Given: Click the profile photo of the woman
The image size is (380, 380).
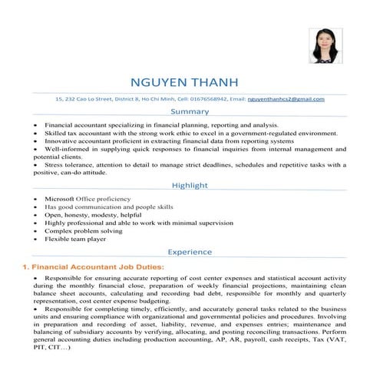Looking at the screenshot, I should coord(325,46).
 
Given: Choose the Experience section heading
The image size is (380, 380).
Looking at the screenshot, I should coord(190,252).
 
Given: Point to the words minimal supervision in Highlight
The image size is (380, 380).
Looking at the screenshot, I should coord(201,223).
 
